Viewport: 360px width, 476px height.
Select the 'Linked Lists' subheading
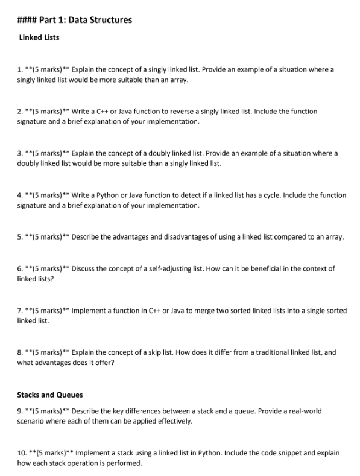tap(39, 37)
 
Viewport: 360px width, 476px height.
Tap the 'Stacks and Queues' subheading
tap(50, 395)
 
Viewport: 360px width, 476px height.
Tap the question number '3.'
tap(20, 153)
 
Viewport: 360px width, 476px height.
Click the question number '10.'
tap(22, 452)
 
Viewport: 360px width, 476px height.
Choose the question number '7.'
tap(20, 311)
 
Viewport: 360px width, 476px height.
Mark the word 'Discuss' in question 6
tap(84, 268)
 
